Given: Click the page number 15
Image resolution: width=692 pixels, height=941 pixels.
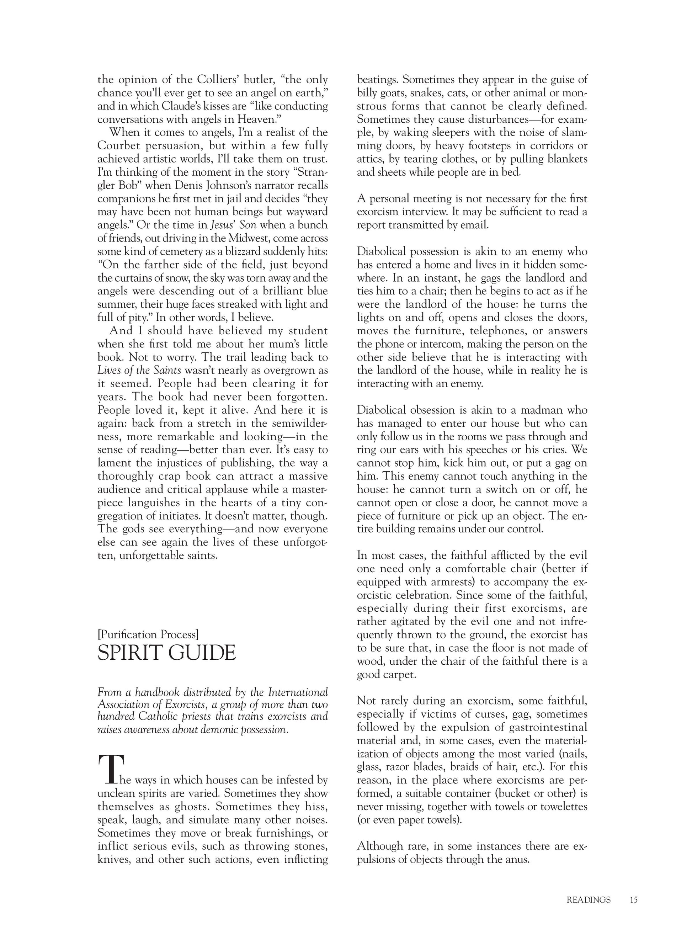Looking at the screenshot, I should [633, 899].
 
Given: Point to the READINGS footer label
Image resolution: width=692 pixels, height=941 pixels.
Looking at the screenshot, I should [589, 899].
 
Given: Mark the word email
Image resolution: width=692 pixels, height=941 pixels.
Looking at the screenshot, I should [476, 225].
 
